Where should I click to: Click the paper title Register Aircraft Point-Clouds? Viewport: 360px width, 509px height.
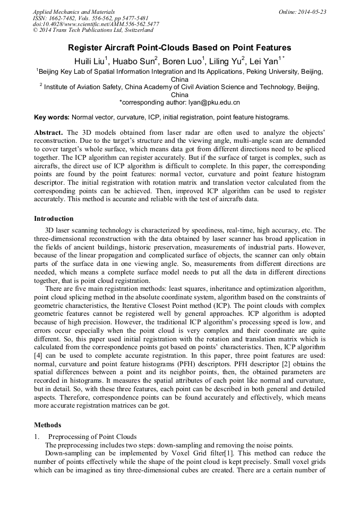[x=179, y=48]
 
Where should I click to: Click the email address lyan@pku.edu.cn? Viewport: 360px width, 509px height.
[x=204, y=102]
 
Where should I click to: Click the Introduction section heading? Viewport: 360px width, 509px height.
[x=54, y=218]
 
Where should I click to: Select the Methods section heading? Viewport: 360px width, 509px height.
[x=47, y=425]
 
